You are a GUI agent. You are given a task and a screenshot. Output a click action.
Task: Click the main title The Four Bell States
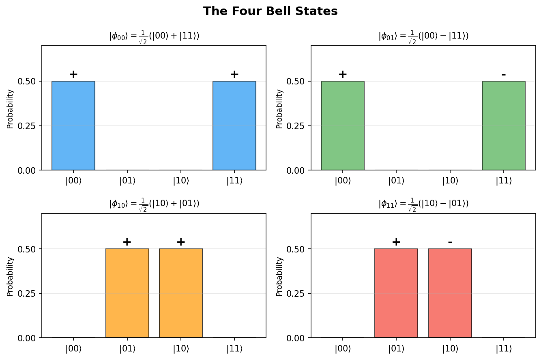coord(270,11)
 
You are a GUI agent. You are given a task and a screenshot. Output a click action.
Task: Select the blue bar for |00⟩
coord(73,125)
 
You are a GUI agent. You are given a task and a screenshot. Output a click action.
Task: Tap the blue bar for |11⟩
coord(234,125)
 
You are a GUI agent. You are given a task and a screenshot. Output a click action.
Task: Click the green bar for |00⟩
coord(343,125)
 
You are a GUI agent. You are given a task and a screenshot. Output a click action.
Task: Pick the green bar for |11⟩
coord(504,125)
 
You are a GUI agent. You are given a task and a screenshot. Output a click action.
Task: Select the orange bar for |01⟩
coord(127,293)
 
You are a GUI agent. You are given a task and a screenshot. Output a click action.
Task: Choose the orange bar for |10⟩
coord(181,293)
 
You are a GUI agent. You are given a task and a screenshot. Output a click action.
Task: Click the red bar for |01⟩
coord(396,293)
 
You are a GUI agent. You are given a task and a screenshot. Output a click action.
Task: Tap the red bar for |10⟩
coord(450,293)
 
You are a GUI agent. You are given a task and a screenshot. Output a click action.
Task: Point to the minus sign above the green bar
coord(504,75)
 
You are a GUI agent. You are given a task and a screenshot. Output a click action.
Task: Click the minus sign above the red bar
coord(450,242)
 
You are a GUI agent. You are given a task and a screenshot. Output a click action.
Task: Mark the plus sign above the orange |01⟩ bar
coord(127,242)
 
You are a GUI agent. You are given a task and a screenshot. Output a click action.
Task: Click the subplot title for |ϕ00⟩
coord(154,36)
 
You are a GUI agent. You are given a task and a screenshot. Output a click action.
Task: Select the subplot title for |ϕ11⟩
coord(423,204)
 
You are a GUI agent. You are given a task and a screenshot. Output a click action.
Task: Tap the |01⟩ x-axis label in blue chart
coord(127,181)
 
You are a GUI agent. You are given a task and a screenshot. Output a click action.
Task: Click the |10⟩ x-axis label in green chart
coord(450,181)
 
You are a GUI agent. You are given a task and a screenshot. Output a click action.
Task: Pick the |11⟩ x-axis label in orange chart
coord(234,349)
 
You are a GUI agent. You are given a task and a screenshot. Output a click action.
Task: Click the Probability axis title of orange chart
coord(10,276)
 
